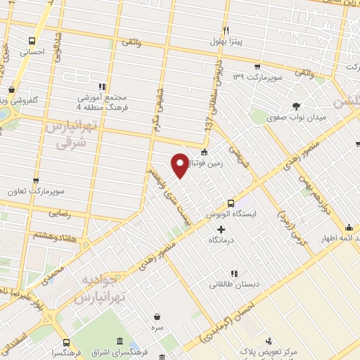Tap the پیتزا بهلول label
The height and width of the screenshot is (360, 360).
(226, 42)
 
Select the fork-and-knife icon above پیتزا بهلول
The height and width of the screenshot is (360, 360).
(226, 31)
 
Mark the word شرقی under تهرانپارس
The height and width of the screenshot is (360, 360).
(70, 141)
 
